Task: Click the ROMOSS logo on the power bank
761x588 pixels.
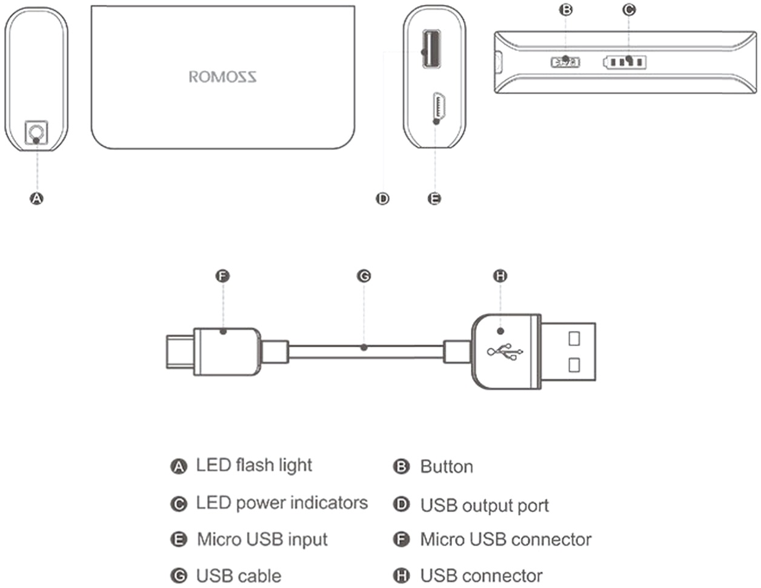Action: click(x=222, y=77)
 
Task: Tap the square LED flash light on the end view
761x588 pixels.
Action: click(x=36, y=133)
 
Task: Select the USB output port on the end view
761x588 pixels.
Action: click(x=431, y=49)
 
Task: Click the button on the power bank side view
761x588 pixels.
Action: click(x=565, y=61)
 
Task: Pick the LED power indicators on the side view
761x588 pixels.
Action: click(x=625, y=62)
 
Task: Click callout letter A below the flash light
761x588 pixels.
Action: click(x=37, y=198)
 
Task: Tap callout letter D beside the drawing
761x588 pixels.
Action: click(x=382, y=198)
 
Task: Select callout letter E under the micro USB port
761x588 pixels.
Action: click(x=434, y=198)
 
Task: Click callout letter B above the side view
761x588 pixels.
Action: click(x=567, y=10)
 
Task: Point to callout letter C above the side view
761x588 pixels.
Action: click(x=629, y=10)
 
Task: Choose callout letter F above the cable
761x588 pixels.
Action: click(x=223, y=276)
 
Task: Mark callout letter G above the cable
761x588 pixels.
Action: click(x=364, y=276)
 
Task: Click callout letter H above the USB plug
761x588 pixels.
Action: click(x=500, y=276)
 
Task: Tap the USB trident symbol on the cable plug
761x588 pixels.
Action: click(x=505, y=352)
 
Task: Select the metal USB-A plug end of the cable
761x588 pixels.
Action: click(x=568, y=352)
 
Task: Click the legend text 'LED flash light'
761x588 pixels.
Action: click(x=254, y=466)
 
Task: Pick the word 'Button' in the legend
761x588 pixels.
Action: click(x=447, y=467)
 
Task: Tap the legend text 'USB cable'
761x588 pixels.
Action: click(x=239, y=576)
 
